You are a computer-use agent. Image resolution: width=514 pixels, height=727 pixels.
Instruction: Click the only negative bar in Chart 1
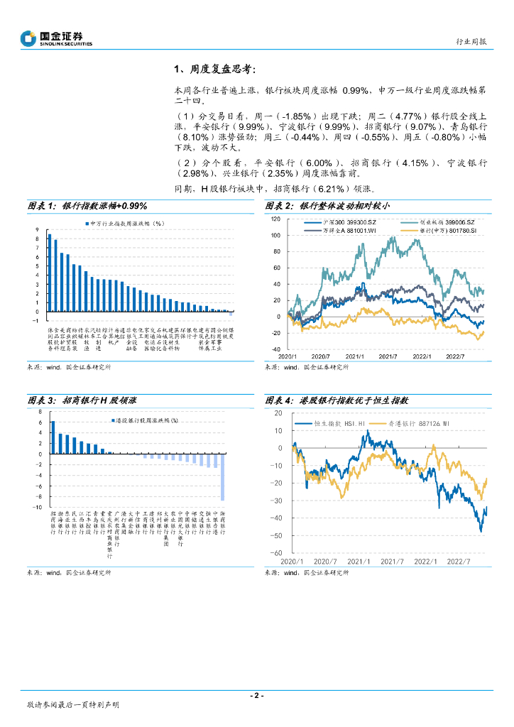[231, 313]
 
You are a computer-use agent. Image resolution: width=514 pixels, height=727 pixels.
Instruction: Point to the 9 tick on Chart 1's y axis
[37, 229]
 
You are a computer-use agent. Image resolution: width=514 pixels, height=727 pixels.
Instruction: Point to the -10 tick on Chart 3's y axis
[38, 508]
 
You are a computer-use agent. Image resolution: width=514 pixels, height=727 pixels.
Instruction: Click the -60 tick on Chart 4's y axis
[277, 552]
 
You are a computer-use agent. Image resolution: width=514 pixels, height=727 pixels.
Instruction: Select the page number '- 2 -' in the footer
[256, 696]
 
